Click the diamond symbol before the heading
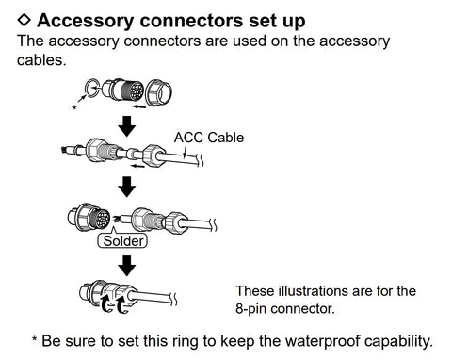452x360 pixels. point(24,20)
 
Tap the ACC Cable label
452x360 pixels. point(209,138)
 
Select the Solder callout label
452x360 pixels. point(123,241)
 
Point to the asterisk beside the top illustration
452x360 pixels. point(74,108)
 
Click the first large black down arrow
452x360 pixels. point(127,125)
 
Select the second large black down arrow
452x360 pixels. point(127,187)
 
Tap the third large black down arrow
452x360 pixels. point(127,266)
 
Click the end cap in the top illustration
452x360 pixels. point(159,92)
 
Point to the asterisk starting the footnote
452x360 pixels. point(35,339)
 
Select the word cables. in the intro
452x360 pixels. point(41,60)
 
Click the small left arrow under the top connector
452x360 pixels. point(138,106)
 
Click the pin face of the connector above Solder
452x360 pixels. point(100,218)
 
